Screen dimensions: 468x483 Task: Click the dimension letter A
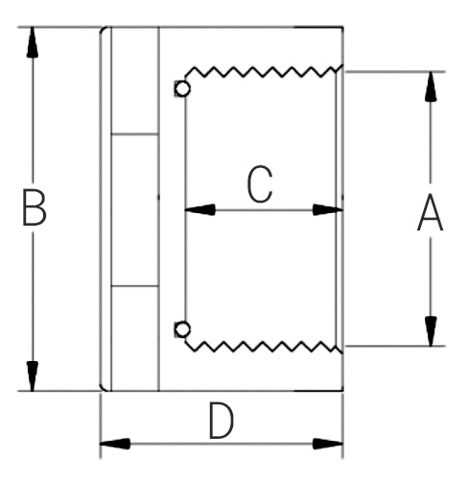[431, 211]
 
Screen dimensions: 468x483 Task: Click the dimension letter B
[35, 207]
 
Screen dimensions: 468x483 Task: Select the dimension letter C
[260, 184]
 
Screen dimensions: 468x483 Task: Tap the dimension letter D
[222, 421]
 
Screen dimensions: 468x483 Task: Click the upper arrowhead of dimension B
[33, 42]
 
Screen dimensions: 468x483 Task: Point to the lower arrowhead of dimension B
[33, 376]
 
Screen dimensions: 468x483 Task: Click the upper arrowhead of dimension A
[431, 86]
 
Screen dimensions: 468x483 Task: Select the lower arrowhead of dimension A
[431, 331]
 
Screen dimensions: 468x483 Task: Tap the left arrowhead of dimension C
[199, 210]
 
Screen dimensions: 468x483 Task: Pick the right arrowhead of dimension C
[328, 210]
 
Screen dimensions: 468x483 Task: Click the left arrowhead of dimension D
[115, 444]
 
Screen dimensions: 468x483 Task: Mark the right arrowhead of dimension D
[328, 444]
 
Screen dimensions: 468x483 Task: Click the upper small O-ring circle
[183, 88]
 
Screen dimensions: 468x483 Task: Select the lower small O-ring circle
[183, 329]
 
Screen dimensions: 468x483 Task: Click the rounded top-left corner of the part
[102, 31]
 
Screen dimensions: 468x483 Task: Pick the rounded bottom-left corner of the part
[102, 387]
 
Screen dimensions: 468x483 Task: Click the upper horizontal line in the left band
[135, 134]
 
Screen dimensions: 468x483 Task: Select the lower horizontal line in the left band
[135, 285]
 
